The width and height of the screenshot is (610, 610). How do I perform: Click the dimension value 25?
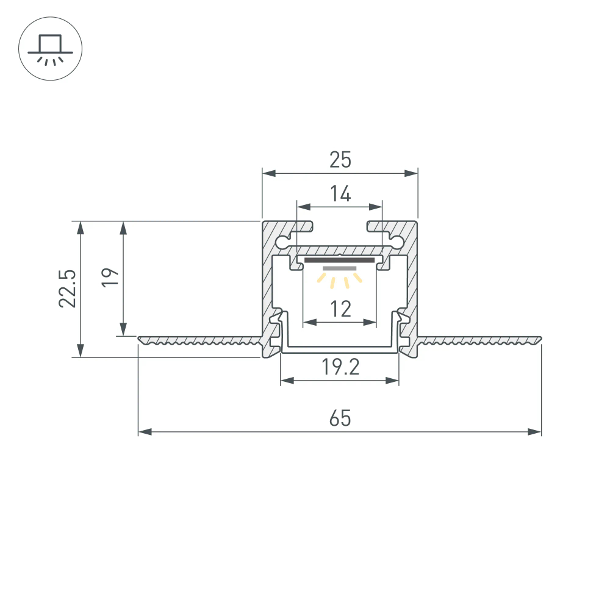pos(340,160)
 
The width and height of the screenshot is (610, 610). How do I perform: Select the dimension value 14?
pos(340,194)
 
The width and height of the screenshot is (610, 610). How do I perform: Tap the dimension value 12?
pos(340,309)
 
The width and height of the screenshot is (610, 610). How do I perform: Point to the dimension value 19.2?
pos(340,367)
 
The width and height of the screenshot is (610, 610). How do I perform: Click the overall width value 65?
pos(340,419)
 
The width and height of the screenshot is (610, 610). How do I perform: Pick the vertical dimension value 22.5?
pos(68,289)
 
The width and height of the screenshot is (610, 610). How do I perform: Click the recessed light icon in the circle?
pos(50,50)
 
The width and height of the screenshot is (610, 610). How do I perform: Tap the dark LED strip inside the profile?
pos(340,260)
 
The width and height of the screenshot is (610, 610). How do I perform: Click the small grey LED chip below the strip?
pos(340,268)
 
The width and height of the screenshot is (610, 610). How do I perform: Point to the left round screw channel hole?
pos(282,242)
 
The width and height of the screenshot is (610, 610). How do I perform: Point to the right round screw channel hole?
pos(397,242)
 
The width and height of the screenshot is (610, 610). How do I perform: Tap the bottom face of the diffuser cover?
pos(340,350)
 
